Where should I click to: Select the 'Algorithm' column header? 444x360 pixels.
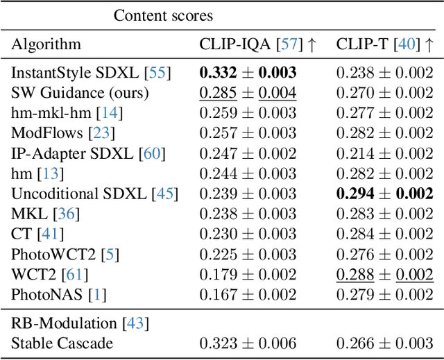click(x=46, y=44)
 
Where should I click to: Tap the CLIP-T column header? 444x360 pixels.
click(x=385, y=44)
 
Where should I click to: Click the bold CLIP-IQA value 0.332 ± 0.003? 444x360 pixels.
click(x=248, y=71)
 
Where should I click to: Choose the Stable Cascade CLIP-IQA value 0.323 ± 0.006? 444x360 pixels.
click(x=248, y=343)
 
